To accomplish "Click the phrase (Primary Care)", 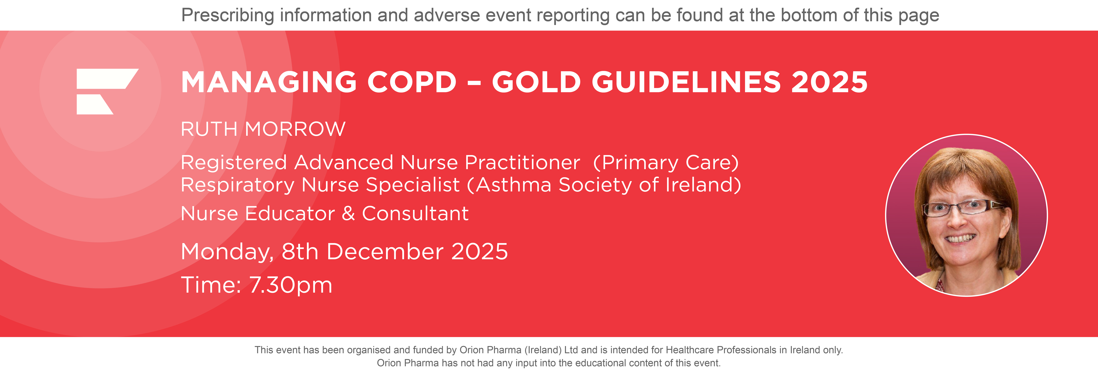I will pos(666,163).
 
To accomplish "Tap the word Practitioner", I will pos(522,163).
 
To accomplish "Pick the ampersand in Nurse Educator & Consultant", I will pos(348,213).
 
